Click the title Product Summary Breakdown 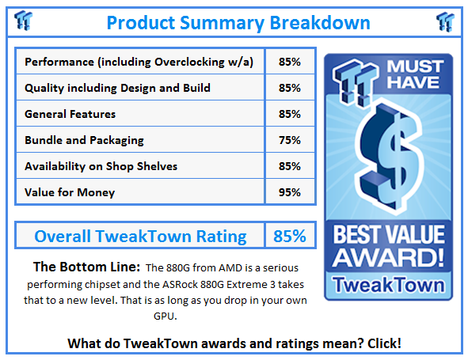pyautogui.click(x=234, y=21)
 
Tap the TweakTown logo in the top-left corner pyautogui.click(x=24, y=20)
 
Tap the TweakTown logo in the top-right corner pyautogui.click(x=443, y=20)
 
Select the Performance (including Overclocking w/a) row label pyautogui.click(x=139, y=62)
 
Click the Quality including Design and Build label pyautogui.click(x=119, y=88)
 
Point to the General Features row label pyautogui.click(x=70, y=114)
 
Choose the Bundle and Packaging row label pyautogui.click(x=84, y=140)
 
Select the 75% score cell pyautogui.click(x=290, y=140)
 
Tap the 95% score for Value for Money pyautogui.click(x=290, y=192)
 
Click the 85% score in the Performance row pyautogui.click(x=290, y=62)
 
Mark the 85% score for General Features pyautogui.click(x=290, y=114)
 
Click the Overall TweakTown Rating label pyautogui.click(x=140, y=236)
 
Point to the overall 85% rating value pyautogui.click(x=290, y=236)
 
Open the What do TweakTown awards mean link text pyautogui.click(x=234, y=343)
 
